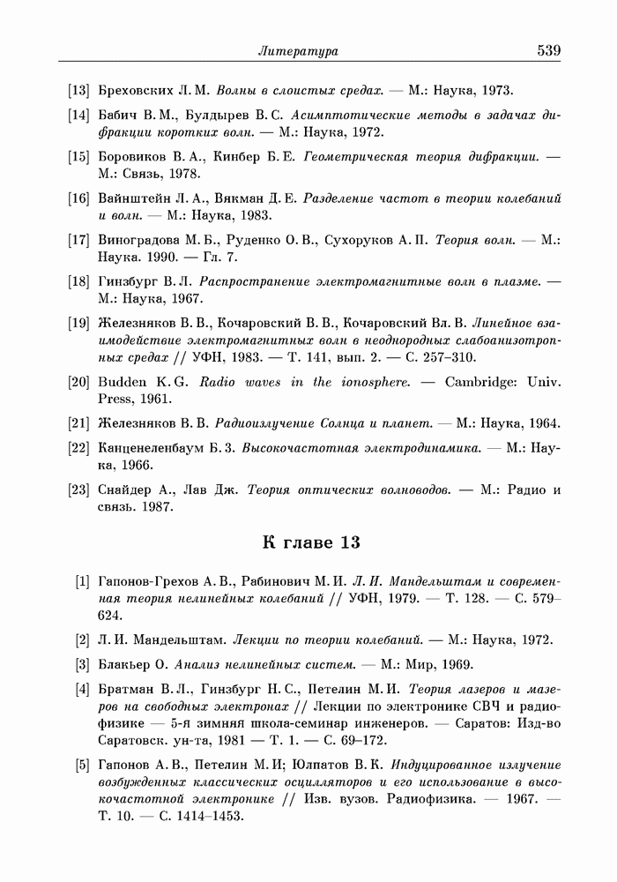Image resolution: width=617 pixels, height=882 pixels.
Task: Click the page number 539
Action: [548, 51]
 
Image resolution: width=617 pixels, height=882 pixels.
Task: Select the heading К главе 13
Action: [312, 542]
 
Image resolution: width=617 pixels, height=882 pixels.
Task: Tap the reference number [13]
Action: [79, 90]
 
